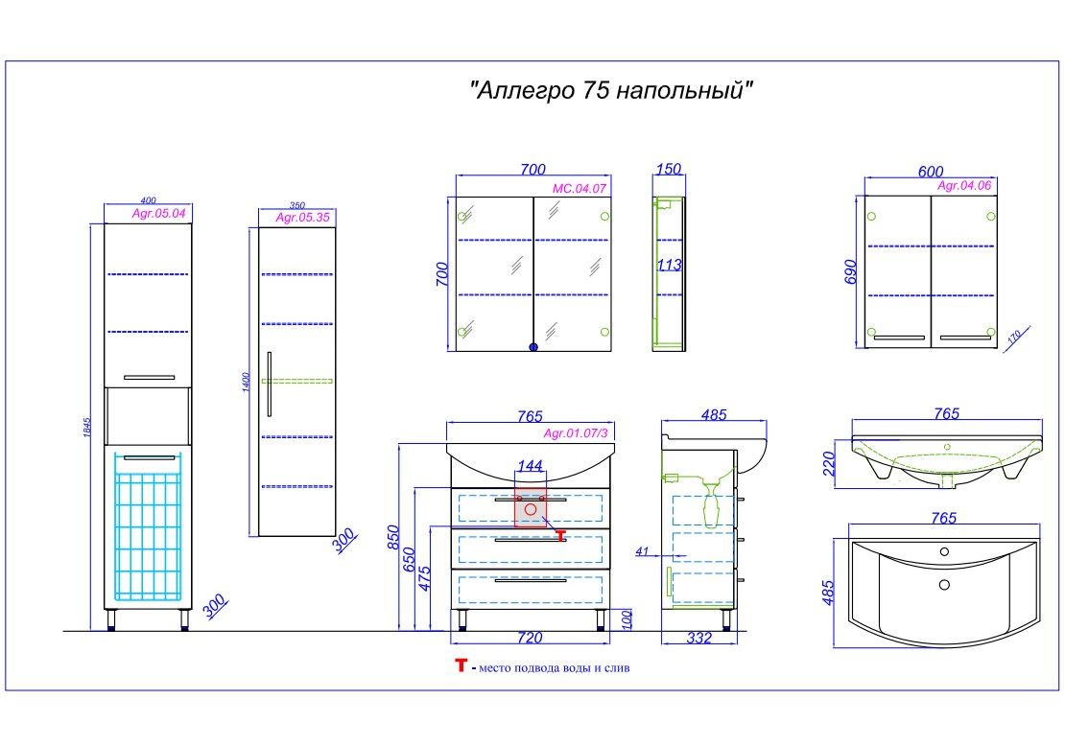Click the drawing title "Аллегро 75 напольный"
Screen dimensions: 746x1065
point(612,91)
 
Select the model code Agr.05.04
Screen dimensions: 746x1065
point(158,213)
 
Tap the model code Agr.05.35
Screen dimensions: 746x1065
point(303,218)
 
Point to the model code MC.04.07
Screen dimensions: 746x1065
point(580,189)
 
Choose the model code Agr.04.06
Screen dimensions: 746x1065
point(963,186)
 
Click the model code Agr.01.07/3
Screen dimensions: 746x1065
point(576,433)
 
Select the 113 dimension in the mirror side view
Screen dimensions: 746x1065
point(669,266)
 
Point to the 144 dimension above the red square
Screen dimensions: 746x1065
point(530,466)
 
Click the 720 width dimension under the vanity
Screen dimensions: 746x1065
point(530,638)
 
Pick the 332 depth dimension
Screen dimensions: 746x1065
point(699,639)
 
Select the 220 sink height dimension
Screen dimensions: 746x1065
point(830,463)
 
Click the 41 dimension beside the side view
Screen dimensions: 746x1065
point(642,551)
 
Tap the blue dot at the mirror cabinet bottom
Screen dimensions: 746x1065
point(533,347)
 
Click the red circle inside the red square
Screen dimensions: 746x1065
point(530,510)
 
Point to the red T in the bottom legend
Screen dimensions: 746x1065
point(461,665)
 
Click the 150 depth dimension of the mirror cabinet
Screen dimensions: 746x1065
point(669,170)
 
